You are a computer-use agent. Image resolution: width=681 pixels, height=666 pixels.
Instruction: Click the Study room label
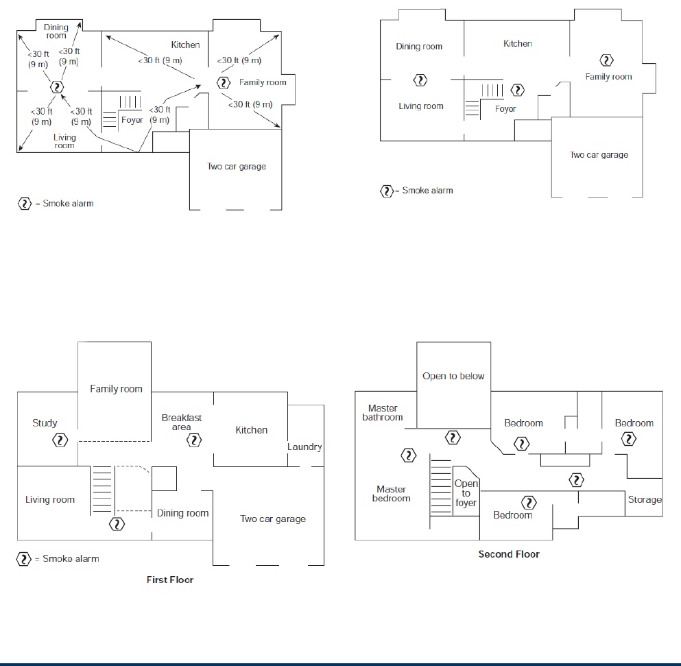(45, 423)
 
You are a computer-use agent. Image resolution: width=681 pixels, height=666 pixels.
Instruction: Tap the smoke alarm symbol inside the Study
(61, 440)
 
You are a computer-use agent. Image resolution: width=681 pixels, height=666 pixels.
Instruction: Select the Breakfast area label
(181, 422)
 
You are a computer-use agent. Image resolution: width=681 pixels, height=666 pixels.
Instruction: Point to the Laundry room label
(304, 447)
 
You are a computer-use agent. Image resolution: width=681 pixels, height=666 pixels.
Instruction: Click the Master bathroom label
(383, 412)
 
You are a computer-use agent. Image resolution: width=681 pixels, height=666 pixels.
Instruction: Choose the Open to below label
(453, 376)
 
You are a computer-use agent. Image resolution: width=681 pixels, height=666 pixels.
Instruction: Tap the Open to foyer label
(466, 493)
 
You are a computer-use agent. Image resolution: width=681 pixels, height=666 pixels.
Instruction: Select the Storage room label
(645, 500)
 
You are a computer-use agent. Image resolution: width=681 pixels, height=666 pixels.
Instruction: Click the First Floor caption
(170, 580)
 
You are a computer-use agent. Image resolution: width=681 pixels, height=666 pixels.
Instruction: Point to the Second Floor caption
(509, 554)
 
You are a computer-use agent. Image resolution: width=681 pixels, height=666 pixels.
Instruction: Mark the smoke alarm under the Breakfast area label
(195, 440)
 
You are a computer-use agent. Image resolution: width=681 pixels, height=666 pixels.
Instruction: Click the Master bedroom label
(391, 493)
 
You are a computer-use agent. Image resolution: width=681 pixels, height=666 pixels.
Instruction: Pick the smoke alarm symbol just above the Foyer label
(518, 90)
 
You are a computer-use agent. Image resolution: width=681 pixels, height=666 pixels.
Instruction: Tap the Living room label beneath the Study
(50, 499)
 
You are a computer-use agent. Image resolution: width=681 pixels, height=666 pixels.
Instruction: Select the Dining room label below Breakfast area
(182, 513)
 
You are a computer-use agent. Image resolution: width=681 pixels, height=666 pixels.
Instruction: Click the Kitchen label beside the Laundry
(252, 430)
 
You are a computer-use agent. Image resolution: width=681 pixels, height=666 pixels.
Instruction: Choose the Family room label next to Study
(116, 389)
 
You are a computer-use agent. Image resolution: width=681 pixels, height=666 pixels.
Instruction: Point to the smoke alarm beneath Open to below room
(453, 437)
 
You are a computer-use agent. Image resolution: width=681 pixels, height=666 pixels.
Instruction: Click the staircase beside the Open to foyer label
(440, 488)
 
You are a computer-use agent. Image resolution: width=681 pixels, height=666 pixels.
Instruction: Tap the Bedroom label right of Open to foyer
(513, 515)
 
